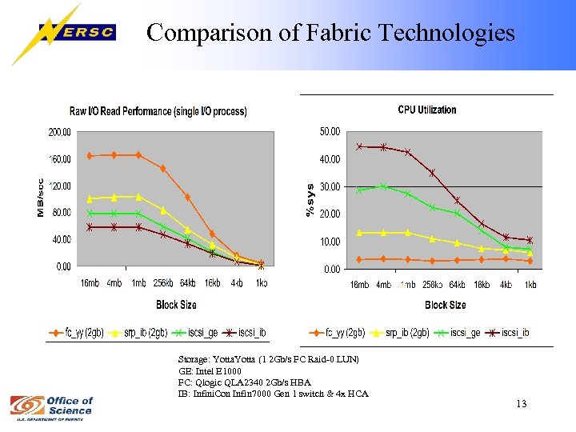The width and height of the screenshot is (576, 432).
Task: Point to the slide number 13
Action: coord(521,403)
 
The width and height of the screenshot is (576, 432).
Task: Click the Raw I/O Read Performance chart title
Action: coord(158,111)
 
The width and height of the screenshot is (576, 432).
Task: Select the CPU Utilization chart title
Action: coord(427,110)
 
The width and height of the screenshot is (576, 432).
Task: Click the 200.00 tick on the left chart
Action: coord(60,131)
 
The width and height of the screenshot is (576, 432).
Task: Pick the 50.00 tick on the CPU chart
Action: coord(330,131)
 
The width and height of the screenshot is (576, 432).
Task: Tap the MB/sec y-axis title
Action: coord(41,197)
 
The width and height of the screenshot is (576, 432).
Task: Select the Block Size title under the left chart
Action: coord(177,305)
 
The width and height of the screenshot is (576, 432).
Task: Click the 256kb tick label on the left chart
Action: coord(162,283)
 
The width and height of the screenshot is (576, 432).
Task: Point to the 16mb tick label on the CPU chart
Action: coord(359,285)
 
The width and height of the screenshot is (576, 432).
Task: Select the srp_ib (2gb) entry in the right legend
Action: coord(405,333)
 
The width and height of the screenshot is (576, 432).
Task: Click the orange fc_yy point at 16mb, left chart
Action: coord(90,155)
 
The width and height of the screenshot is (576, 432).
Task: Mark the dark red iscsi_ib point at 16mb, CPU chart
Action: coord(359,146)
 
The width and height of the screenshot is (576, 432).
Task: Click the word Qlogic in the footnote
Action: coord(207,382)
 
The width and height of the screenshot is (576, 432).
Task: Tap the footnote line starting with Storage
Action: coord(269,359)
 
